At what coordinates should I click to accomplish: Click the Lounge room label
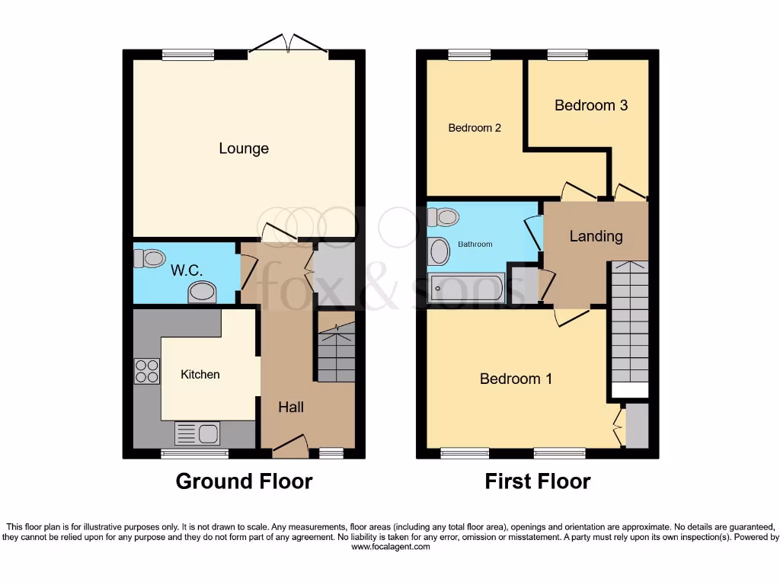pyautogui.click(x=244, y=149)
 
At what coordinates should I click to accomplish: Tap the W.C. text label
pyautogui.click(x=186, y=270)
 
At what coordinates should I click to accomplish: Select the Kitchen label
pyautogui.click(x=200, y=374)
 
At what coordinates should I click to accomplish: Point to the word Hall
pyautogui.click(x=290, y=407)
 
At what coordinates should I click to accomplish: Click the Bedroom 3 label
pyautogui.click(x=590, y=105)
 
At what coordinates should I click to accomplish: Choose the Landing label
pyautogui.click(x=596, y=236)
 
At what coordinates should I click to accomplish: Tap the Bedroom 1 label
pyautogui.click(x=516, y=379)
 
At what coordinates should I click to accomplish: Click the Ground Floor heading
pyautogui.click(x=244, y=481)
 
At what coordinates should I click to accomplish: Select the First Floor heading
pyautogui.click(x=538, y=481)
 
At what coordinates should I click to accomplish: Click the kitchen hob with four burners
pyautogui.click(x=146, y=370)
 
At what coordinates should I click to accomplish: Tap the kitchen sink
pyautogui.click(x=197, y=433)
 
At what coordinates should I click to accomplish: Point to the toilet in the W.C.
pyautogui.click(x=149, y=258)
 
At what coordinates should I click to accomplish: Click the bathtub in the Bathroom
pyautogui.click(x=466, y=289)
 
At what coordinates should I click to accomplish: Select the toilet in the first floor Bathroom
pyautogui.click(x=443, y=218)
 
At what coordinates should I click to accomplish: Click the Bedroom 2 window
pyautogui.click(x=469, y=54)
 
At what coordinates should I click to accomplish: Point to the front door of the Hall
pyautogui.click(x=290, y=446)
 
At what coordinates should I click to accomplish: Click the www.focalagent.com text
pyautogui.click(x=390, y=547)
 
